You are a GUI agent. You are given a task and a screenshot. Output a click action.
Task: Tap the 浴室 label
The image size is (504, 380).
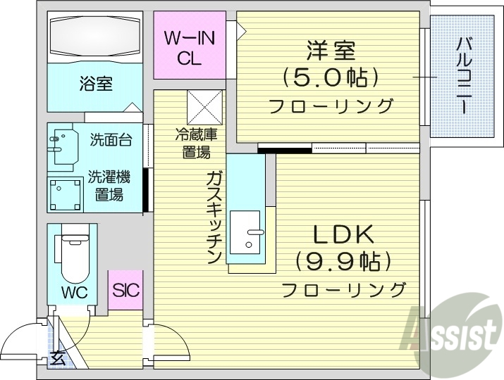coord(95,85)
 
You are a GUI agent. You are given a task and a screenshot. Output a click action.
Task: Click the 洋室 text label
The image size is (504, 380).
coord(330,51)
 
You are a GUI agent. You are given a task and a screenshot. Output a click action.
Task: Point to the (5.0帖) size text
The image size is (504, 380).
coord(330,77)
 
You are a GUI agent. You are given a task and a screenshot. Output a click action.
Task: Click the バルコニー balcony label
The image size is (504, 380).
coord(464,75)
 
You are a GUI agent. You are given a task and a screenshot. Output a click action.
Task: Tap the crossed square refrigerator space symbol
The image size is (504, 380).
coord(204,108)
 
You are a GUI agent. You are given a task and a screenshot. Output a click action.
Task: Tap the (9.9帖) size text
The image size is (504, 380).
coord(343,262)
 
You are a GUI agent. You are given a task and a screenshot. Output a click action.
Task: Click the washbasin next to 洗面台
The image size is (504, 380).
coord(62,141)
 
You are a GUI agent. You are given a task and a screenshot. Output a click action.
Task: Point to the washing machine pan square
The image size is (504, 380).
coord(67,194)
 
